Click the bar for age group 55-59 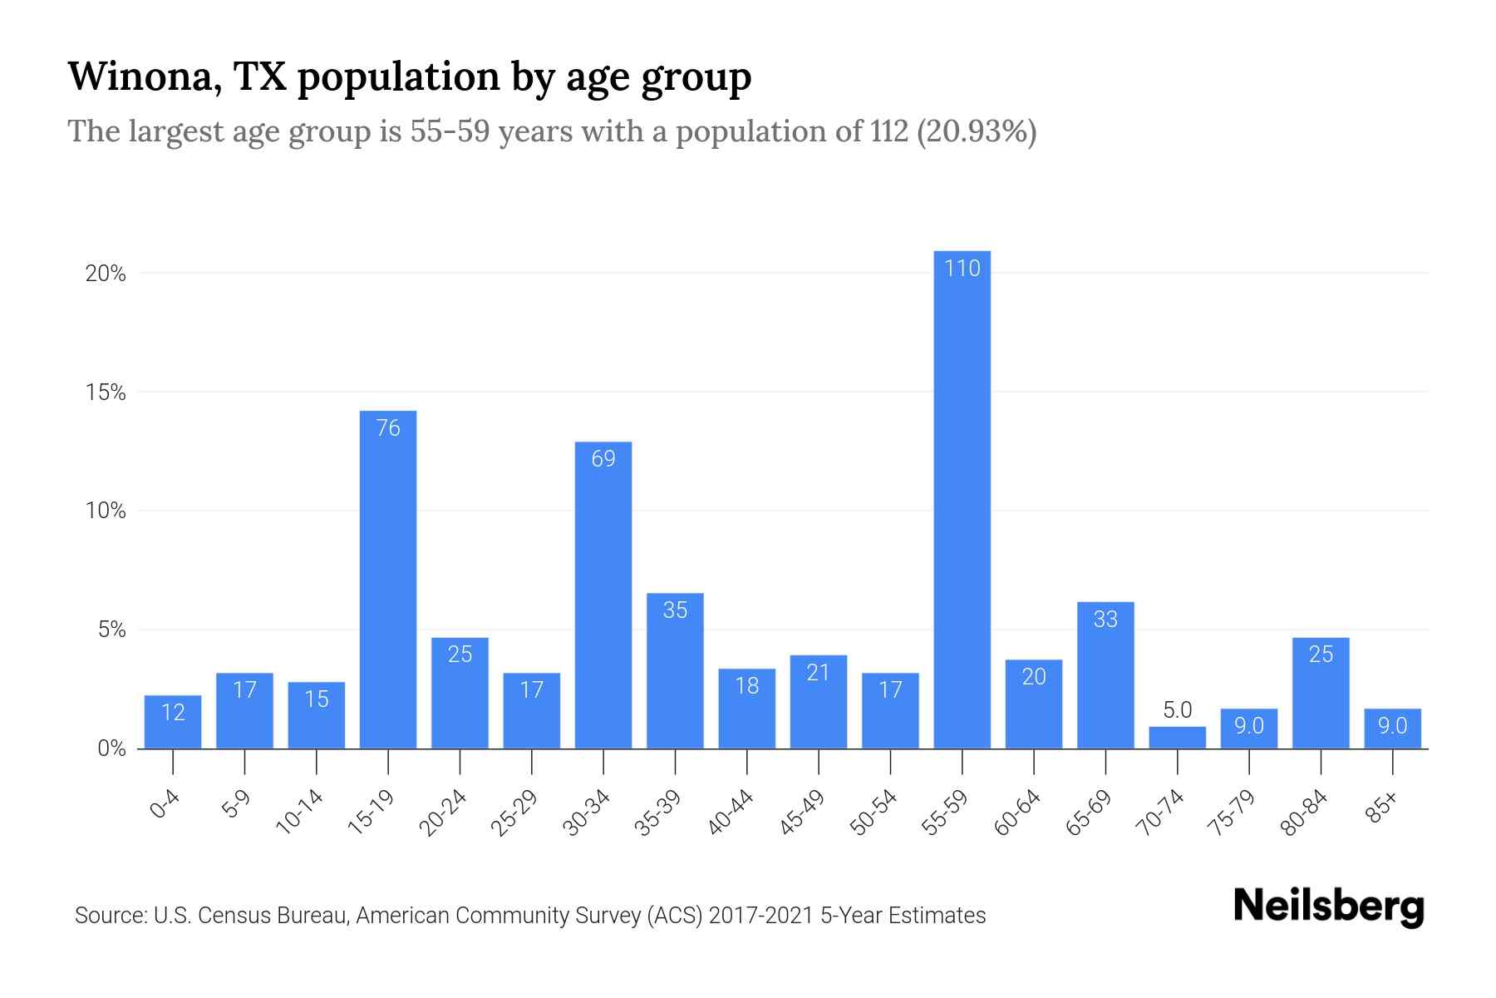point(962,499)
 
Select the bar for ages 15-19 point(388,582)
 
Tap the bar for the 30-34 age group point(603,595)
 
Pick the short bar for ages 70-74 point(1177,738)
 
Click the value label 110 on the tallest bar point(962,268)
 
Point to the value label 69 point(603,458)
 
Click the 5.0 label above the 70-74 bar point(1177,709)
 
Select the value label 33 point(1105,619)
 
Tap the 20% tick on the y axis point(106,274)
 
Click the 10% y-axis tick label point(106,511)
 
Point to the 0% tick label point(111,748)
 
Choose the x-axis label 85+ point(1382,808)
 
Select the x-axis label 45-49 point(802,813)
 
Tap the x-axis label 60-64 point(1017,813)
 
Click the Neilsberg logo point(1328,907)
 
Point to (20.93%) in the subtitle point(976,131)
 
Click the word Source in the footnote point(108,916)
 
